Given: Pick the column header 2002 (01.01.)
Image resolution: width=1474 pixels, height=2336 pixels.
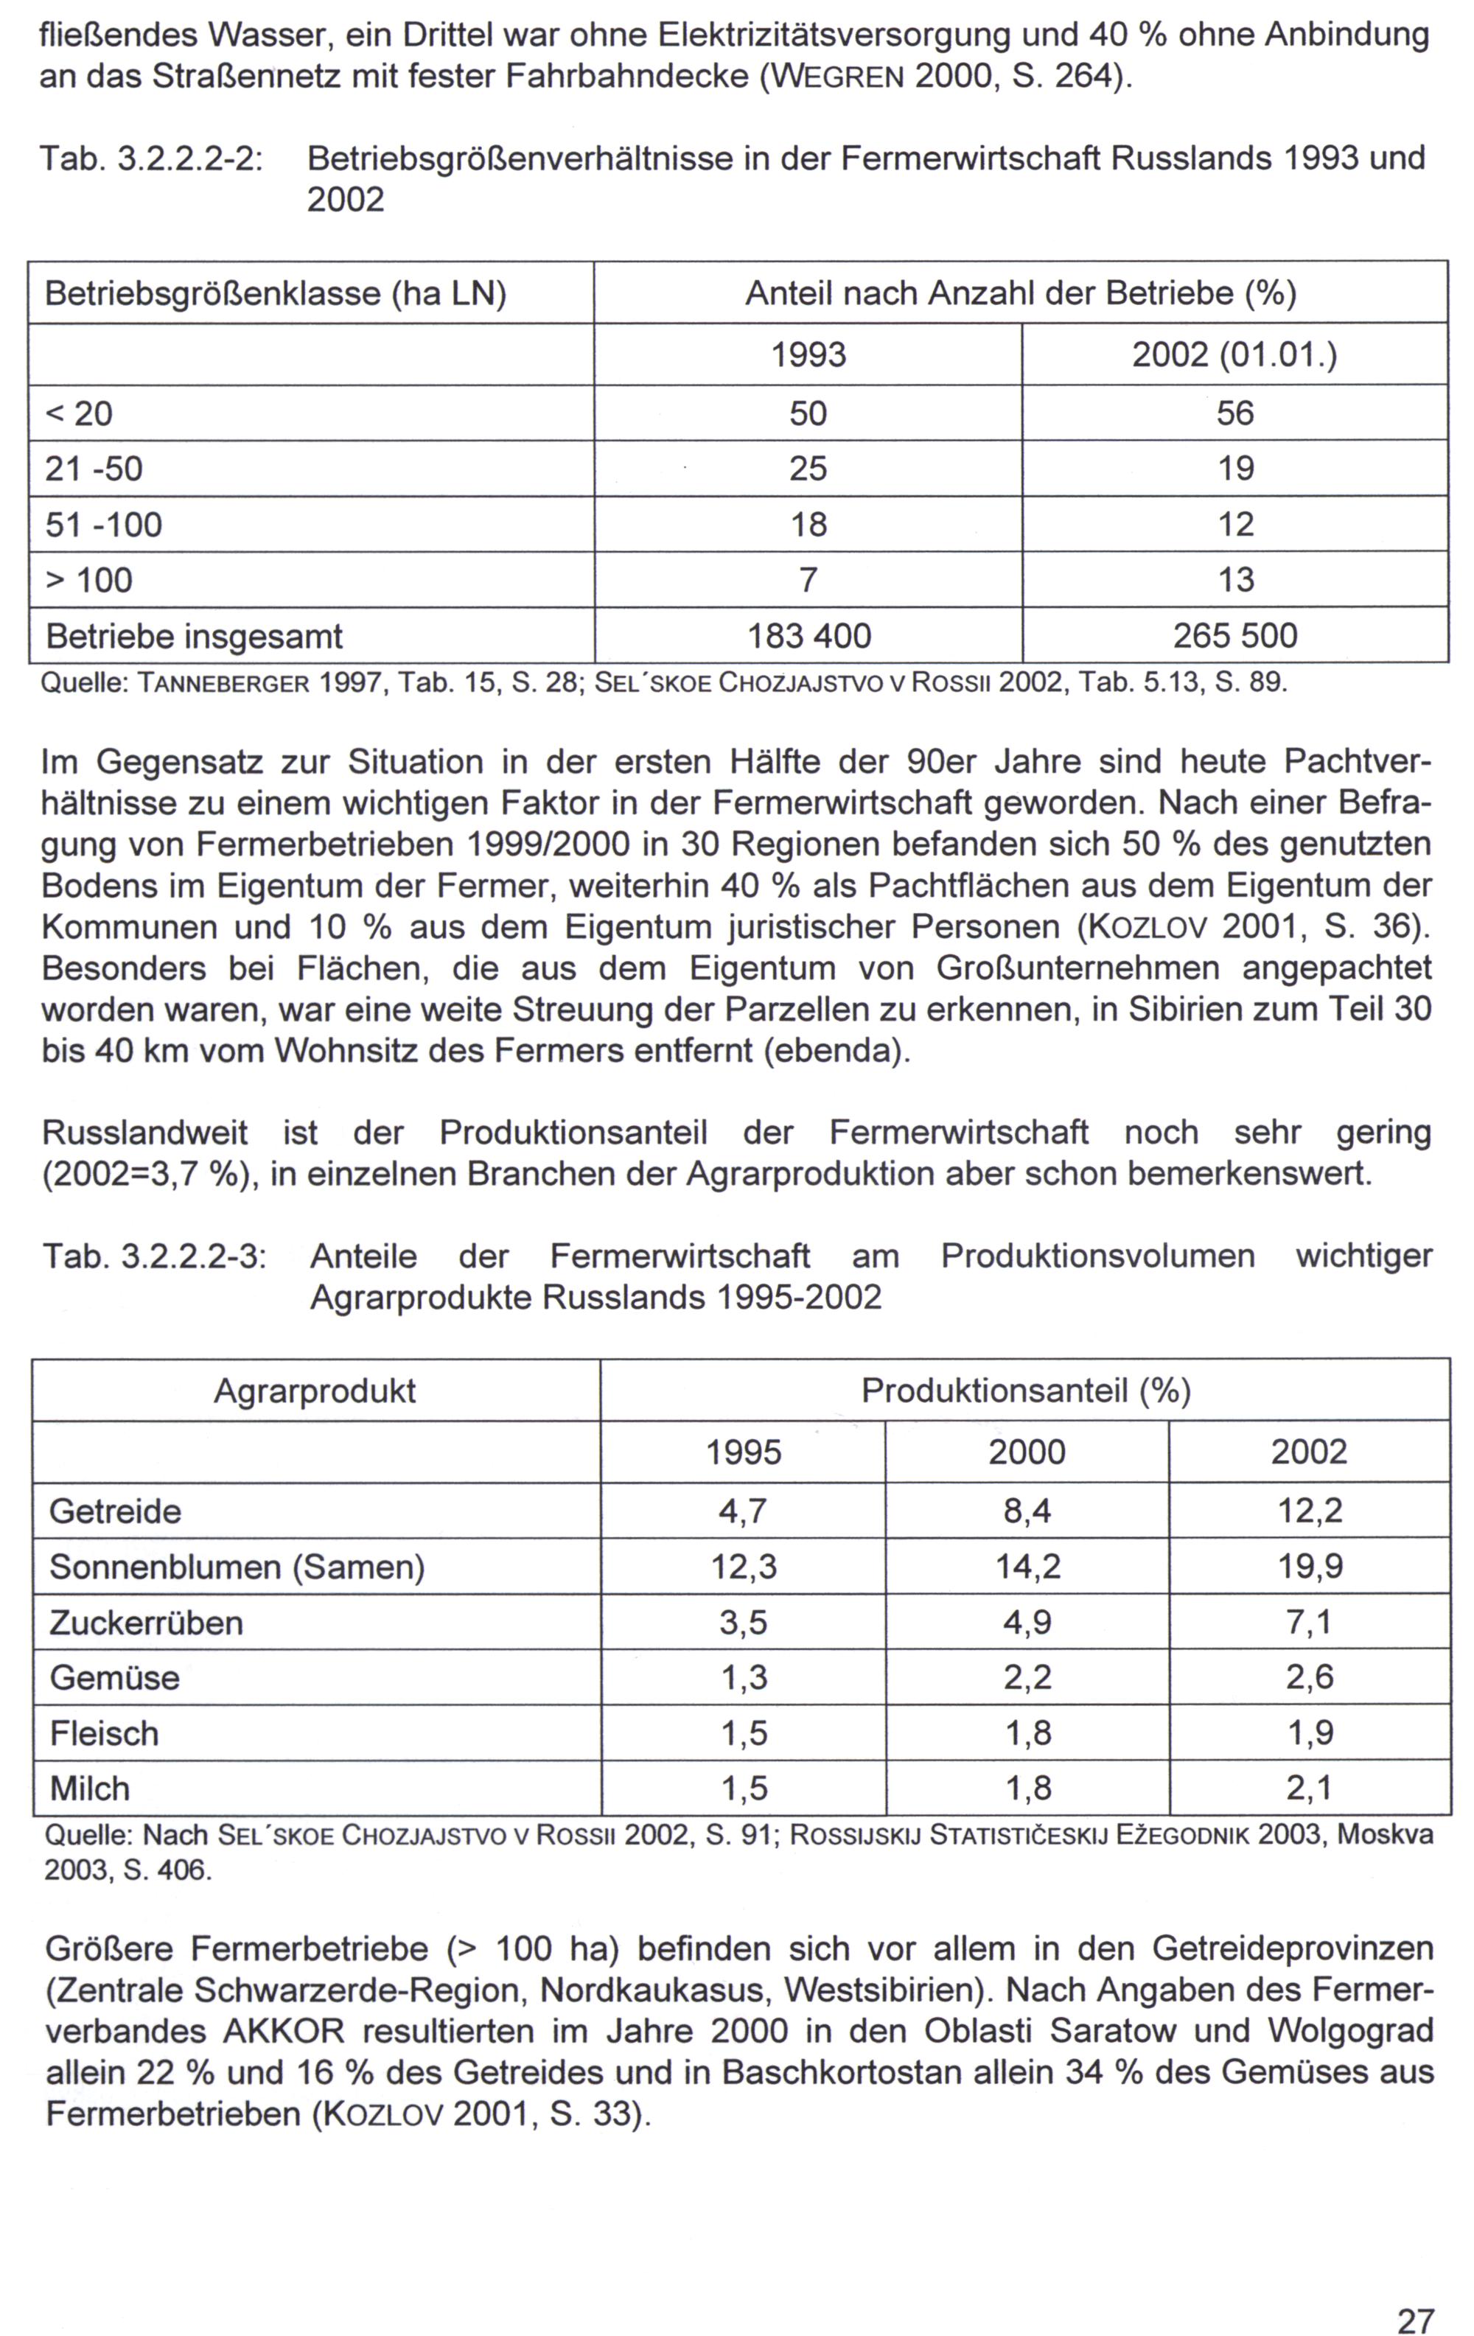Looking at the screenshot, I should pos(1234,356).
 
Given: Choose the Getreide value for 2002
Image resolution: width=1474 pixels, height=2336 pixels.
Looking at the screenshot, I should pos(1309,1511).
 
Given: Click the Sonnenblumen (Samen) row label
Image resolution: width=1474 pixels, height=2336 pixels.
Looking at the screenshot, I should pos(237,1567).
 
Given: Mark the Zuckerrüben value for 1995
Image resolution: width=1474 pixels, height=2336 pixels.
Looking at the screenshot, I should pos(744,1623).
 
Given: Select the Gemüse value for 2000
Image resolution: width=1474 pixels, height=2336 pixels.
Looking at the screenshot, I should pos(1027,1677).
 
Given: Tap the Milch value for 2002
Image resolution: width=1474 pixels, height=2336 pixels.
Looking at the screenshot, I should pos(1309,1788).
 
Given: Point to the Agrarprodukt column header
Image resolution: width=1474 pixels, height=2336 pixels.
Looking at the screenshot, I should pos(315,1391).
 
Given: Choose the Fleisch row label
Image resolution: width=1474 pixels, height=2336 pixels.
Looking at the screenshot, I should pos(104,1733).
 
